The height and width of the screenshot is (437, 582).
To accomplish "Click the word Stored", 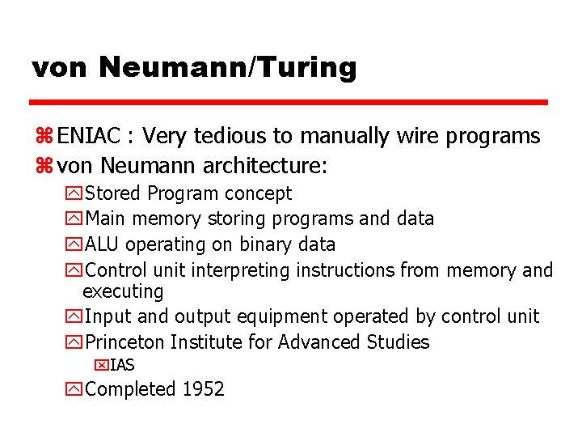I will [x=113, y=193].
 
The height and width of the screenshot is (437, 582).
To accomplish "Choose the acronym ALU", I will [x=103, y=244].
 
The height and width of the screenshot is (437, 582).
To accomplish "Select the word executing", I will [x=123, y=291].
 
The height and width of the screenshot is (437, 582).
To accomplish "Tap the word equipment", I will [x=289, y=316].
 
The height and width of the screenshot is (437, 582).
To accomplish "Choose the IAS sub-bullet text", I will [x=122, y=365].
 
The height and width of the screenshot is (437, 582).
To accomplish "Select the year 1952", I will [x=203, y=389].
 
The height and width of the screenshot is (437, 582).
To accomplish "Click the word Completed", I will [x=130, y=389].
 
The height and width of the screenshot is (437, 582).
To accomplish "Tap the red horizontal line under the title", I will [x=289, y=103].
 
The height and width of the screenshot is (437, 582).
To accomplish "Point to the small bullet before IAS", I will [x=101, y=365].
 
